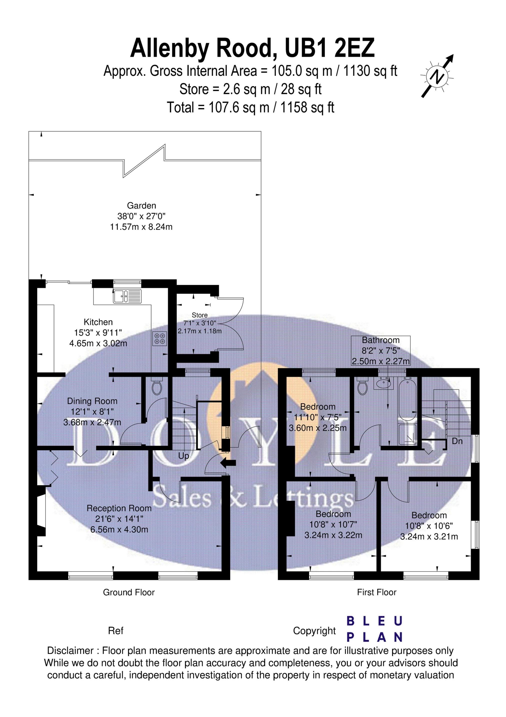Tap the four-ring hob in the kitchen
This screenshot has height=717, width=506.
pos(160,339)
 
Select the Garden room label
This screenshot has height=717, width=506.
pos(141,206)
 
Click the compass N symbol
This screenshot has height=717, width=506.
pos(437,76)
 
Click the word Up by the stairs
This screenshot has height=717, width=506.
pos(183,456)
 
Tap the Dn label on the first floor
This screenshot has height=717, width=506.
pos(457,441)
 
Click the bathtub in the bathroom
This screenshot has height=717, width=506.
pos(407,399)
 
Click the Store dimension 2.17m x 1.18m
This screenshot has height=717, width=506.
pos(200,331)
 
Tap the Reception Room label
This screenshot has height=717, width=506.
pos(119,508)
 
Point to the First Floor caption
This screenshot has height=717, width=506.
pos(377,592)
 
